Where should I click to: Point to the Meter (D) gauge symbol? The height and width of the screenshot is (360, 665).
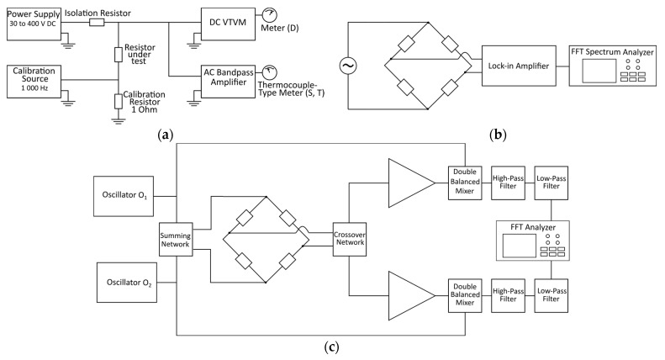268,15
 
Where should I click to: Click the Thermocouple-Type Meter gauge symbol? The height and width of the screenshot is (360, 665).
268,73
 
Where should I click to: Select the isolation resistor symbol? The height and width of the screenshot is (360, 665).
98,23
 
